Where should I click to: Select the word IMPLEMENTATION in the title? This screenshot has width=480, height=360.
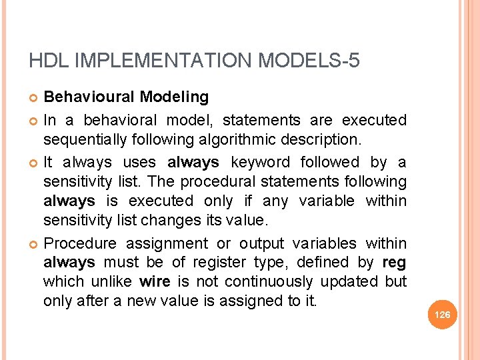(163, 61)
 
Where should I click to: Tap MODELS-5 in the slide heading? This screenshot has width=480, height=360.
(309, 61)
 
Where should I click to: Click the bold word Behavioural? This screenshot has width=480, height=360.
(89, 97)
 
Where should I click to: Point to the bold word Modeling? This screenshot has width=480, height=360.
(174, 97)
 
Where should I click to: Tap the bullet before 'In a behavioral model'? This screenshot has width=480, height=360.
(34, 121)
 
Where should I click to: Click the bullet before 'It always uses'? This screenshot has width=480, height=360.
(34, 163)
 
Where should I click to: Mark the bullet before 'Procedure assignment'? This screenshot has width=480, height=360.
(34, 245)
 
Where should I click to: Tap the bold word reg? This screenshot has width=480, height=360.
(395, 263)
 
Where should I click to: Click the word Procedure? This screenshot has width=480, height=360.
(80, 243)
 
